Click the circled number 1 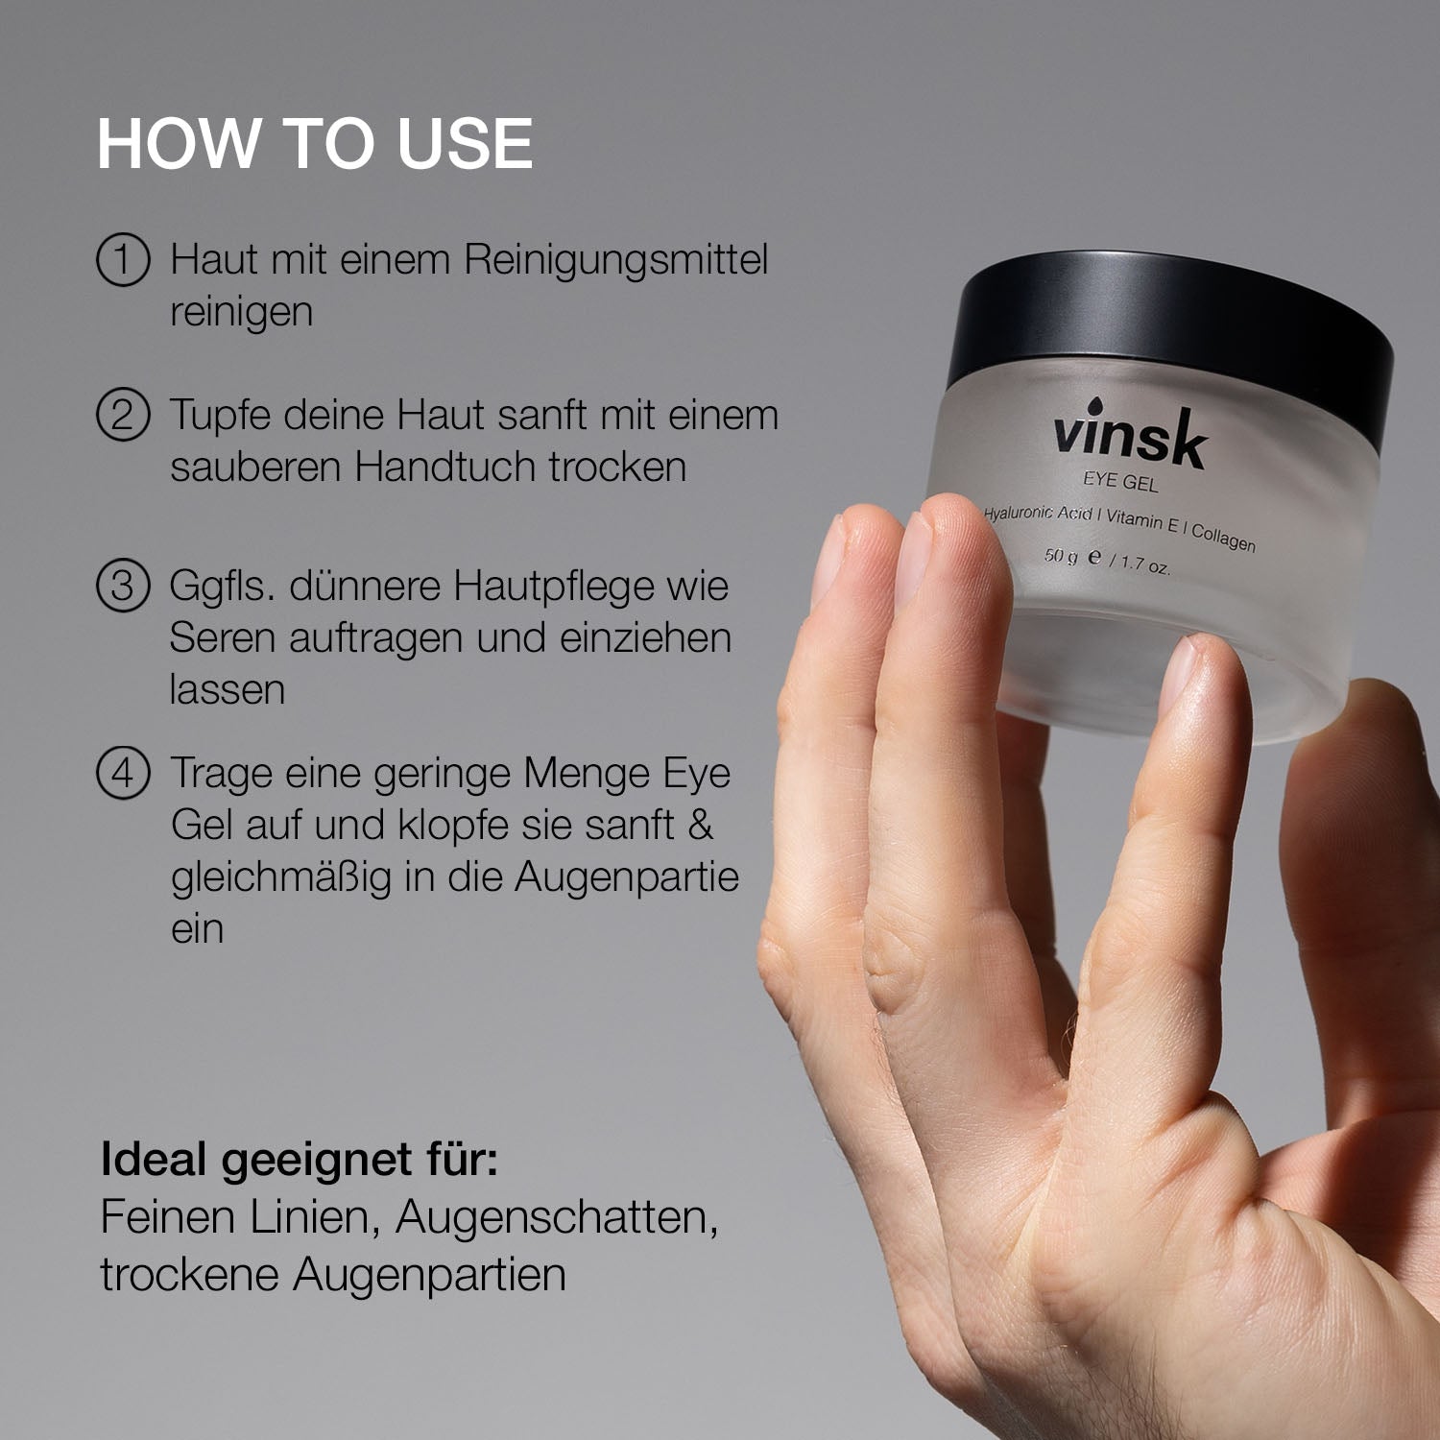coord(123,260)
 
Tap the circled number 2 coord(123,415)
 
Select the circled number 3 coord(123,586)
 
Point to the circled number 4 coord(123,773)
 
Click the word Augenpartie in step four coord(626,877)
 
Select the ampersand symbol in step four coord(701,825)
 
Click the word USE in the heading coord(465,144)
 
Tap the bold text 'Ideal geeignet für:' coord(299,1160)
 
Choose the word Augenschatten coord(557,1217)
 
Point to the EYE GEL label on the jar coord(1120,481)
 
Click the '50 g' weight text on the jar coord(1061,556)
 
